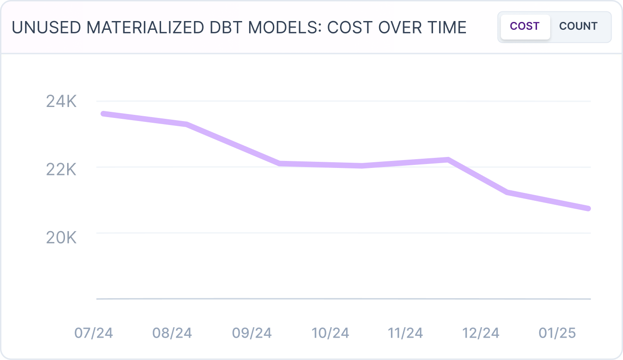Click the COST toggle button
[x=525, y=27]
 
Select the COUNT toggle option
[x=578, y=27]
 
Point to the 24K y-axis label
[x=61, y=102]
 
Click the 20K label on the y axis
[x=61, y=238]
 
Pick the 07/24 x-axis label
[x=93, y=333]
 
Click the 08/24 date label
[x=172, y=333]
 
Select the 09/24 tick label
[x=252, y=333]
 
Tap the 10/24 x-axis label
[x=330, y=333]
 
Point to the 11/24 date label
[x=405, y=333]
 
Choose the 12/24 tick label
[x=481, y=333]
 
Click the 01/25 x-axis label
[x=557, y=333]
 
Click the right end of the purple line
[x=588, y=208]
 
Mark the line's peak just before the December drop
[x=448, y=160]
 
